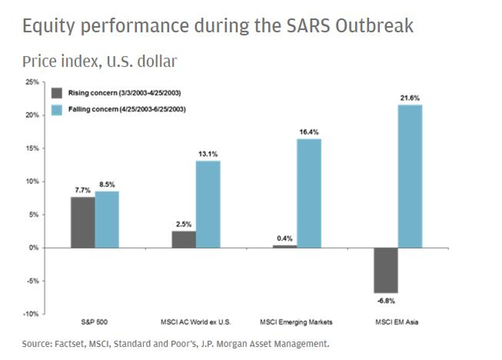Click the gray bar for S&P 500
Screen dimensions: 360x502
(82, 222)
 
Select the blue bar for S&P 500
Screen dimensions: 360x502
(107, 220)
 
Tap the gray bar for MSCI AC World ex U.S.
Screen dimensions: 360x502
(184, 239)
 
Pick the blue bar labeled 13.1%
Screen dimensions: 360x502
(208, 204)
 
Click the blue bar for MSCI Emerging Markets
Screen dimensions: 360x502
(309, 193)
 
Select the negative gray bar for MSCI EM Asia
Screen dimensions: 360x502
(386, 270)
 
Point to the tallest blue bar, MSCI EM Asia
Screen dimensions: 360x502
(410, 176)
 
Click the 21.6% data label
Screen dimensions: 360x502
(410, 97)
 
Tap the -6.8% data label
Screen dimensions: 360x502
(386, 301)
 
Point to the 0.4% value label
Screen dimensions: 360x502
(285, 238)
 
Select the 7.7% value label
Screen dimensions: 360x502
(81, 190)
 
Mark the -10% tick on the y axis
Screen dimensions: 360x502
(31, 314)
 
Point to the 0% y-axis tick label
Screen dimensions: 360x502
(34, 248)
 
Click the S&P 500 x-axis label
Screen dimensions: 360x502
(95, 322)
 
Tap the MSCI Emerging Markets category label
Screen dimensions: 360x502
(297, 322)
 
